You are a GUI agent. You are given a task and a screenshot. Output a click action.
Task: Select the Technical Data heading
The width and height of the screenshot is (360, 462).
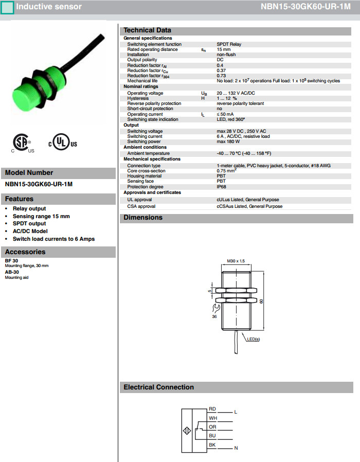148,30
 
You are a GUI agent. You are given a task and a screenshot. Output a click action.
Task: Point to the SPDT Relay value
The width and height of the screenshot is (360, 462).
229,44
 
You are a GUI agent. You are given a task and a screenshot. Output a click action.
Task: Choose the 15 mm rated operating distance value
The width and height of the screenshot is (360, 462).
224,49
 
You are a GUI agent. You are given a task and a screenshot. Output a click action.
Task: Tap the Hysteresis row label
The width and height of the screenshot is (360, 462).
138,98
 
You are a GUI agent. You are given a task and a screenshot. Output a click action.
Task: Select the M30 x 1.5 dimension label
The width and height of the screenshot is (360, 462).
236,261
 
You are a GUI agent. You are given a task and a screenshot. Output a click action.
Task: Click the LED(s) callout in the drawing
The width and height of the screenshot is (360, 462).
253,339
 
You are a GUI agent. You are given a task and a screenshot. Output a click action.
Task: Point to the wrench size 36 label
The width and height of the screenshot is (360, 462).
214,317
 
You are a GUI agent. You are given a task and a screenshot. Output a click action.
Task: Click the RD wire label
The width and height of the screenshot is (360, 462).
212,409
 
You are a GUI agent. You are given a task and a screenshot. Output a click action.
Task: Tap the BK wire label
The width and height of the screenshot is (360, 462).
212,445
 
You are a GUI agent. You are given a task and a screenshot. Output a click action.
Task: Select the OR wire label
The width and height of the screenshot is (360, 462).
212,427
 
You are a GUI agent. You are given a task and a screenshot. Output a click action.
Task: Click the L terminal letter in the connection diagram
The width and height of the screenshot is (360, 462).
236,412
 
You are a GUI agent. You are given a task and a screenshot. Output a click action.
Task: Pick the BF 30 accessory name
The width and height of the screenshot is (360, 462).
12,261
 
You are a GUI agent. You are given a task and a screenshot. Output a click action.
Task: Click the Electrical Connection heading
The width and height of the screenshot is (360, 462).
159,387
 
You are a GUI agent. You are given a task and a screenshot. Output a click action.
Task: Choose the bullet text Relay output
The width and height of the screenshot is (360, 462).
29,208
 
